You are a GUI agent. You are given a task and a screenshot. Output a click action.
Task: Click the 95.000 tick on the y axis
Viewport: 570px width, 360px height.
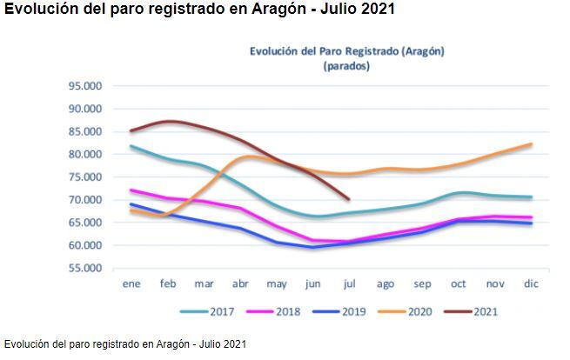coord(85,86)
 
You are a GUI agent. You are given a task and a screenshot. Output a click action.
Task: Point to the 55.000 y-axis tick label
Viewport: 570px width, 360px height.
coord(85,268)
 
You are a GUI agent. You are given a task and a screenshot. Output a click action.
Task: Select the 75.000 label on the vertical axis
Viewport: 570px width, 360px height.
coord(85,177)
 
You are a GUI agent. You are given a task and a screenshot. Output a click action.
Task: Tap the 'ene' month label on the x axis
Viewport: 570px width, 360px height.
coord(131,283)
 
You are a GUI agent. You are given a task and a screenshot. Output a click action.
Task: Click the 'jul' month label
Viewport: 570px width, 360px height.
coord(349,283)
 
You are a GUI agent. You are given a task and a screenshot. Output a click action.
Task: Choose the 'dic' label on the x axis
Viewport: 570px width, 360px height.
coord(531,283)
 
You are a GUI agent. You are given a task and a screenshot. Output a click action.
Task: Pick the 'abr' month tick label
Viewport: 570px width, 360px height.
coord(240,283)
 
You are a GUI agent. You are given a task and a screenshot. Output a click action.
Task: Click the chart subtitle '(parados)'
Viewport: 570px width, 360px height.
coord(346,65)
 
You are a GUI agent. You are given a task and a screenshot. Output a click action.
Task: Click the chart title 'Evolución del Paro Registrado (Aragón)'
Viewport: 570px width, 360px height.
coord(346,50)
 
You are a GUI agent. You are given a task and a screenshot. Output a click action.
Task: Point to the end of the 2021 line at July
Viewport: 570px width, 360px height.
coord(349,199)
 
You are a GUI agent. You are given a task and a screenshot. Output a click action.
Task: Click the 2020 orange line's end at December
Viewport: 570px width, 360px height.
coord(531,144)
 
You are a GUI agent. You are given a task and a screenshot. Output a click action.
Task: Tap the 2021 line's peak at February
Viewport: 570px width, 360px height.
coord(170,121)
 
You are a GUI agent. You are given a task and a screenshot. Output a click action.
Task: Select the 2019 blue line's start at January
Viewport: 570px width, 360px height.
coord(131,204)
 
